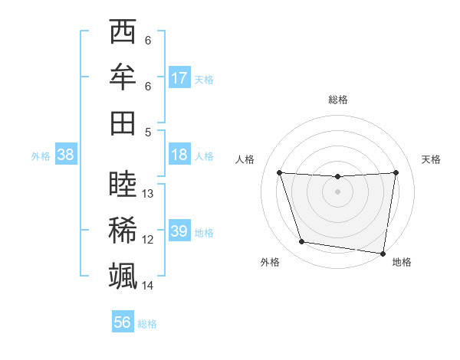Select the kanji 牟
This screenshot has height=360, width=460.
pos(123,77)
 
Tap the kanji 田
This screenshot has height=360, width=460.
pos(123,123)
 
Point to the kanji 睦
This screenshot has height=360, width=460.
pos(123,185)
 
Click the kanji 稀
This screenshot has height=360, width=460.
pos(123,230)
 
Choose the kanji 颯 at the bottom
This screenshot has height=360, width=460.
pos(123,275)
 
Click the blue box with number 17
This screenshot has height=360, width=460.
pos(179,77)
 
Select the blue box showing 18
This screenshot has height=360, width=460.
pos(179,155)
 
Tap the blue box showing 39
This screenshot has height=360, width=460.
pos(179,231)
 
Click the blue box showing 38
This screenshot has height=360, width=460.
pos(66,155)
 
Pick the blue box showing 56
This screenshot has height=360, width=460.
pos(123,322)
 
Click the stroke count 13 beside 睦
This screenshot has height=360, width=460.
pos(149,194)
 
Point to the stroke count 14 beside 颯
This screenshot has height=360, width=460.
pos(149,286)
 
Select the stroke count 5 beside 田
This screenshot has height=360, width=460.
pos(148,132)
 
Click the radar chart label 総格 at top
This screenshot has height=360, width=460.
pos(338,100)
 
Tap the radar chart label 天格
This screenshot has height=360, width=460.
pos(432,159)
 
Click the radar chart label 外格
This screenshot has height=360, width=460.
pos(270,262)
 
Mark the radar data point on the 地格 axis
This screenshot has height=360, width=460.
pos(383,253)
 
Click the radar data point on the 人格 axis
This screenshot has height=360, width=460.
pos(279,172)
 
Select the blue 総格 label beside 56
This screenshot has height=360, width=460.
pos(147,323)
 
